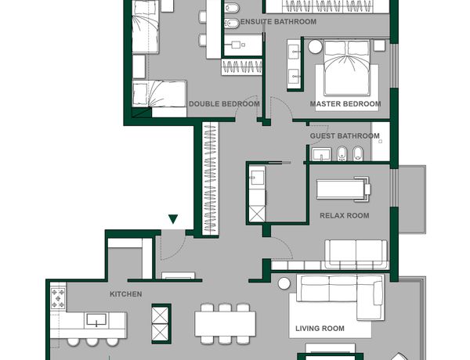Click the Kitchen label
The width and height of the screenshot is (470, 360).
126,294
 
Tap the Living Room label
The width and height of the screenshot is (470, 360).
320,329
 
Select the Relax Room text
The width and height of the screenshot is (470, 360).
345,216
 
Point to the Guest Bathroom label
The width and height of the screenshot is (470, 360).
345,136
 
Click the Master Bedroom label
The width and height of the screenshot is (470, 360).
345,104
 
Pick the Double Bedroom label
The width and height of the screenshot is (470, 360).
224,104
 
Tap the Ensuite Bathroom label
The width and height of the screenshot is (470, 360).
278,22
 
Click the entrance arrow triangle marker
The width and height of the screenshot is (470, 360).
173,219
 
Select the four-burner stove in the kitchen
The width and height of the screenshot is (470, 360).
58,298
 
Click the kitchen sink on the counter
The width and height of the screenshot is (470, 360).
96,320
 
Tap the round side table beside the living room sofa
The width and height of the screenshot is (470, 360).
284,283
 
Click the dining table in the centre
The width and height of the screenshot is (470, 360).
225,324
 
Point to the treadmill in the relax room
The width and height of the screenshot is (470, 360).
343,189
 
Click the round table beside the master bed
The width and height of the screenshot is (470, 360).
315,47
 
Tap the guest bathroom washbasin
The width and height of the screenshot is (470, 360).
321,154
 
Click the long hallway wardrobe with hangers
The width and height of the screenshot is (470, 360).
210,178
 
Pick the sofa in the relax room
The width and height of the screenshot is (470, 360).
356,254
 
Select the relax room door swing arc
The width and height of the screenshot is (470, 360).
286,243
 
